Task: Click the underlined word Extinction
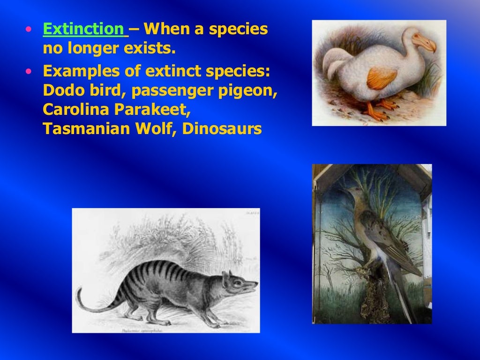[x=83, y=30]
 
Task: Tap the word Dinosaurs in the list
[x=222, y=128]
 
